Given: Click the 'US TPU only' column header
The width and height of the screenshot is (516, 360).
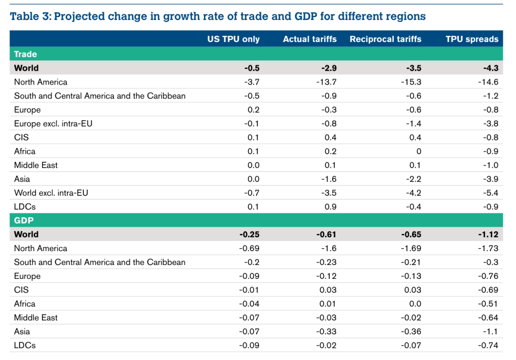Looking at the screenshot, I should (233, 39).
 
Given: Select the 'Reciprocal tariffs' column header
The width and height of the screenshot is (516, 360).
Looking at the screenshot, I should (385, 39).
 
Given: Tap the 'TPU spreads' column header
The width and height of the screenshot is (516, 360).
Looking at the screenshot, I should (472, 39).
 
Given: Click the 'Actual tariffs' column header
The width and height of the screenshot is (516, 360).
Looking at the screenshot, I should (310, 39).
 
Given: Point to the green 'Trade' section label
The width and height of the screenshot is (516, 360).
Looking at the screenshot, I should (25, 54).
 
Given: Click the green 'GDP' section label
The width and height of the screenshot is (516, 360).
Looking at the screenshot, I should (23, 221).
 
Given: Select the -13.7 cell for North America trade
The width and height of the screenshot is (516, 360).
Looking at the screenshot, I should (326, 82).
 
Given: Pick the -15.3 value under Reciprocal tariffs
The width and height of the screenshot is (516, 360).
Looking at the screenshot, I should (411, 82).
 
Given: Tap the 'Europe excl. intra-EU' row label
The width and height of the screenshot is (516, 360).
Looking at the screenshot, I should (53, 124).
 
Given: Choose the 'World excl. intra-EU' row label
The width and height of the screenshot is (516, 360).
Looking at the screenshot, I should (51, 193).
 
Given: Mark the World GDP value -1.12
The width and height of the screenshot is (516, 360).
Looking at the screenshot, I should (488, 234).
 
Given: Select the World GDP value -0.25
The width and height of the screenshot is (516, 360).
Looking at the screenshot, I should (249, 234).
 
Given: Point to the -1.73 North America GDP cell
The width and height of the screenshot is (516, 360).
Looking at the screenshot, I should (488, 248).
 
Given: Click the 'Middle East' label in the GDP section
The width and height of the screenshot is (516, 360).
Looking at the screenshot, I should (36, 318).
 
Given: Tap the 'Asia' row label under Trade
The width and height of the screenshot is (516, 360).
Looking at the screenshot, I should (22, 179).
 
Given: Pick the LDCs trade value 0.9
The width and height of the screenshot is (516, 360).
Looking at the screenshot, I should (331, 207).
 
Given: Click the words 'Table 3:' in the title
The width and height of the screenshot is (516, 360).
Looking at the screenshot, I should (30, 17).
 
